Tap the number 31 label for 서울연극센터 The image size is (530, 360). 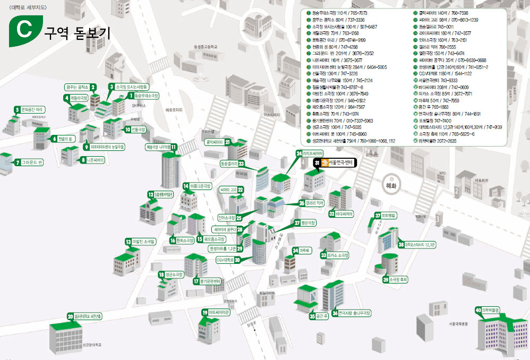[x=317, y=162]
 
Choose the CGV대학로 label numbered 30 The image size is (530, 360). [x=225, y=260]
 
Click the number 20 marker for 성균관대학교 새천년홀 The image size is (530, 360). [x=70, y=316]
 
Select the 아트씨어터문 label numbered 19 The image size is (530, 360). [x=219, y=312]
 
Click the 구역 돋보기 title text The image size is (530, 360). [x=79, y=33]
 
